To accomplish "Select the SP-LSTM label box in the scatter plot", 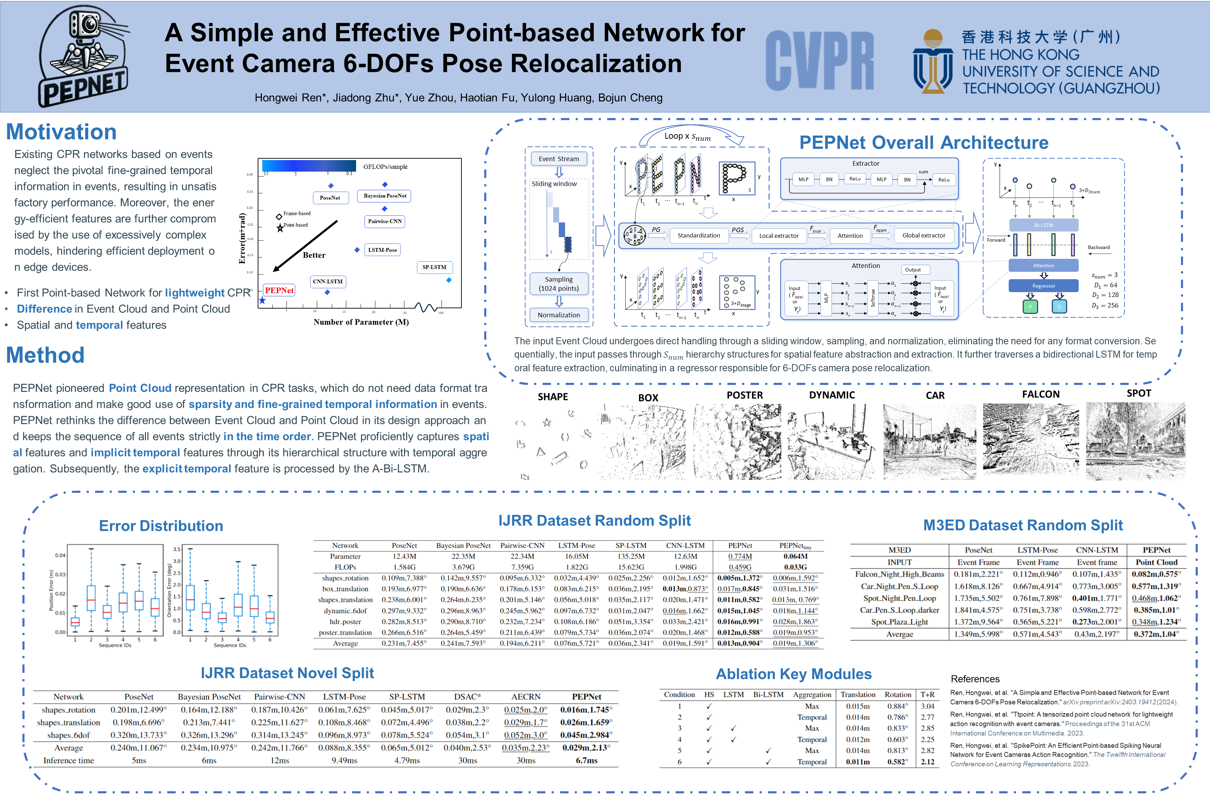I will (434, 267).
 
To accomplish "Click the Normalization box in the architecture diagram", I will (559, 315).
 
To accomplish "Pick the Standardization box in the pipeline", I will (698, 235).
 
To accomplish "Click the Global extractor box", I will (924, 235).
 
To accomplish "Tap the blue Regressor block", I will (1043, 286).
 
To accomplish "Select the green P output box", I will (1030, 307).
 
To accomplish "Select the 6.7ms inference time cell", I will (586, 760).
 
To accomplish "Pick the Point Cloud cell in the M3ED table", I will (1156, 562).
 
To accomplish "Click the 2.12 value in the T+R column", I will (927, 762).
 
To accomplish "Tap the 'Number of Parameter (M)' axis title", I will (361, 322).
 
